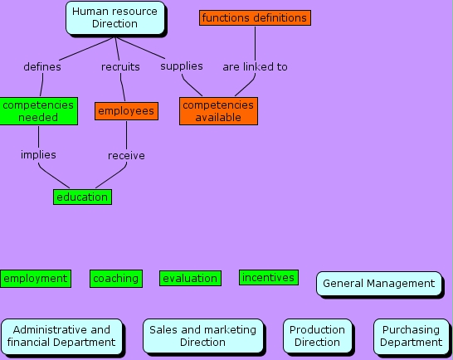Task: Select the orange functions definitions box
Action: [255, 17]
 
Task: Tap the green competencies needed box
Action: [38, 111]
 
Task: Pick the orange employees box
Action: [126, 110]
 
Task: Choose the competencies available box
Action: [218, 111]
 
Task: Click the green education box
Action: [82, 197]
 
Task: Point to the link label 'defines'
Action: [42, 67]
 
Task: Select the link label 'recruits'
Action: [120, 67]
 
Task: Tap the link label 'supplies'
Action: [182, 66]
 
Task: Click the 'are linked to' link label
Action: [255, 67]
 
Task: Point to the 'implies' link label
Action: [38, 155]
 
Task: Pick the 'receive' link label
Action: [126, 156]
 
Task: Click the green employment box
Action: [35, 279]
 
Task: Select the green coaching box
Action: [115, 279]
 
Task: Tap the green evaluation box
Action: [191, 279]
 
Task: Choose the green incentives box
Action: [269, 278]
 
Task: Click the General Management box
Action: [378, 284]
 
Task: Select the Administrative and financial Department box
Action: [61, 336]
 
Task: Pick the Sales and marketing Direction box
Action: [203, 336]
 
